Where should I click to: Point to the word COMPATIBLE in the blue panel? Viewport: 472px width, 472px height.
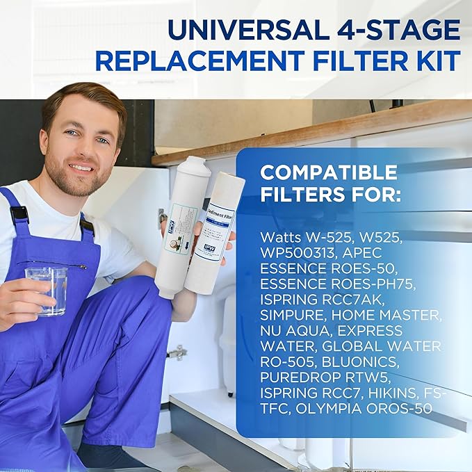329,172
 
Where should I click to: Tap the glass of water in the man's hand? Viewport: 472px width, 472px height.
47,289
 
